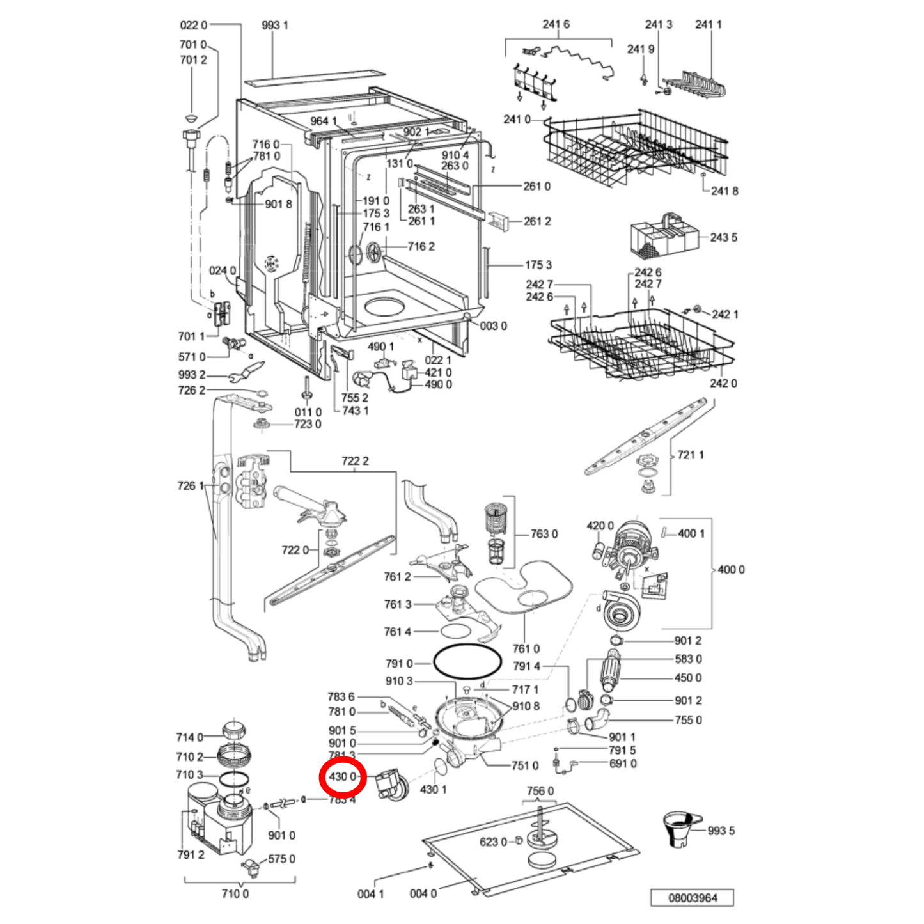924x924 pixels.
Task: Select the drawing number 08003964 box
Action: coord(692,898)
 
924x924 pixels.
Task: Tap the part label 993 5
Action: coord(721,831)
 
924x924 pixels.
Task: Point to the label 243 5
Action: coord(723,238)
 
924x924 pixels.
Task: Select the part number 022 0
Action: coord(193,26)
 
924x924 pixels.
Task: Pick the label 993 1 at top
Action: coord(274,26)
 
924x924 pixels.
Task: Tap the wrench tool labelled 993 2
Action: coord(246,374)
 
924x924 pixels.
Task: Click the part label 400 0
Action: coord(731,570)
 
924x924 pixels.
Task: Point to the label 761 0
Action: coord(526,649)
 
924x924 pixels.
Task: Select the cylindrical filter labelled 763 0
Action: coord(496,532)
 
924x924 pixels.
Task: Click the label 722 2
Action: coord(355,461)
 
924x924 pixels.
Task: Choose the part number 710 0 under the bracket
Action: coord(235,894)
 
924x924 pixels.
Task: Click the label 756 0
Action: coord(540,791)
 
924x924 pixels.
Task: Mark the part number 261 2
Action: coord(537,221)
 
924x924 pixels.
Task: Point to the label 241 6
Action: coord(556,24)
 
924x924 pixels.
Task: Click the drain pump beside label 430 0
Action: coord(391,785)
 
